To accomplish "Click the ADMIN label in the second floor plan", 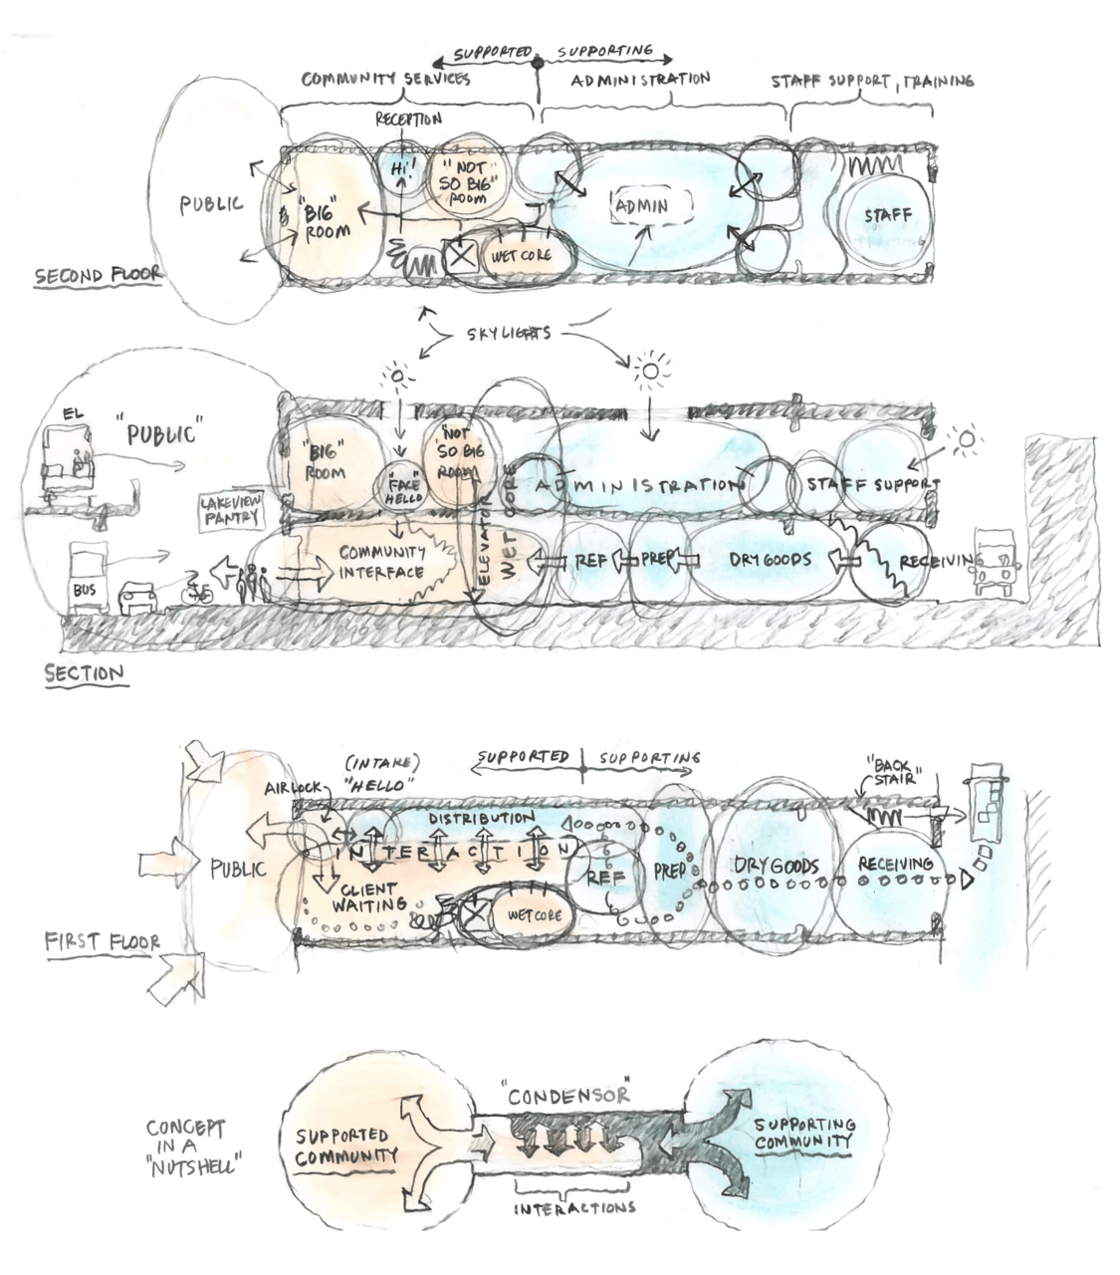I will click(x=640, y=207).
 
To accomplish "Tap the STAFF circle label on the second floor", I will click(x=886, y=215).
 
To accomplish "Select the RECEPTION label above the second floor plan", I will click(x=408, y=120).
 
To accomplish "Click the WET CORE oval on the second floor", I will click(x=520, y=255).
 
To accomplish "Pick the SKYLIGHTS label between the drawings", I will click(x=508, y=334).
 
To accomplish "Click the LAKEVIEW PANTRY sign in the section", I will click(x=232, y=511).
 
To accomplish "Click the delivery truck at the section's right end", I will click(x=997, y=564).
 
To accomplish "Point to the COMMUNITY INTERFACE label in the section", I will click(x=382, y=563).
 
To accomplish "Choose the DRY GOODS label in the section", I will click(x=770, y=560).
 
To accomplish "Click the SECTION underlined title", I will click(x=86, y=674).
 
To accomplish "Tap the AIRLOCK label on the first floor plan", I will click(x=294, y=788).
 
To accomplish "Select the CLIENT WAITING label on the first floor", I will click(x=368, y=896).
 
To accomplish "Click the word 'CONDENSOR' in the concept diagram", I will click(x=568, y=1095).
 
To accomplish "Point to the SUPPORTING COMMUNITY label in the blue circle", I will click(x=804, y=1133).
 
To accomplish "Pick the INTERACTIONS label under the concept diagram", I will click(x=574, y=1208).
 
